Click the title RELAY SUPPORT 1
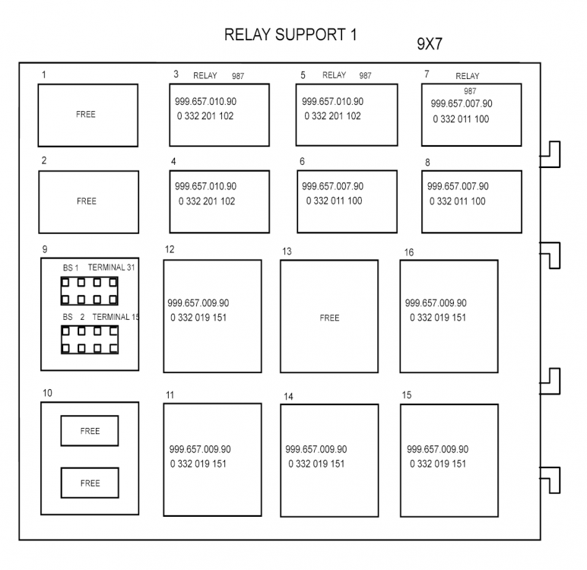(x=290, y=35)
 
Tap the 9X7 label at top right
(x=430, y=44)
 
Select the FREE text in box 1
(x=86, y=115)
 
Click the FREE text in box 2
(x=87, y=201)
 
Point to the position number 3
(x=176, y=74)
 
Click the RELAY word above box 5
(x=334, y=75)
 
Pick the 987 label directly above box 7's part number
(x=470, y=91)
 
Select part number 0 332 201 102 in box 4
(x=207, y=201)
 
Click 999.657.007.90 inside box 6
(x=332, y=186)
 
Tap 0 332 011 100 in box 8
(x=458, y=201)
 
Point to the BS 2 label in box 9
(x=73, y=316)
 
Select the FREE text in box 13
(x=329, y=318)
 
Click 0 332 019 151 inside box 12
(x=198, y=318)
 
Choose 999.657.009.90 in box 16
(x=436, y=302)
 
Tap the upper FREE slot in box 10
(x=90, y=431)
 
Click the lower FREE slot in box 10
(x=90, y=483)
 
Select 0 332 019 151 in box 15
(x=438, y=464)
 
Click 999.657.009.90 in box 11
(x=200, y=449)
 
